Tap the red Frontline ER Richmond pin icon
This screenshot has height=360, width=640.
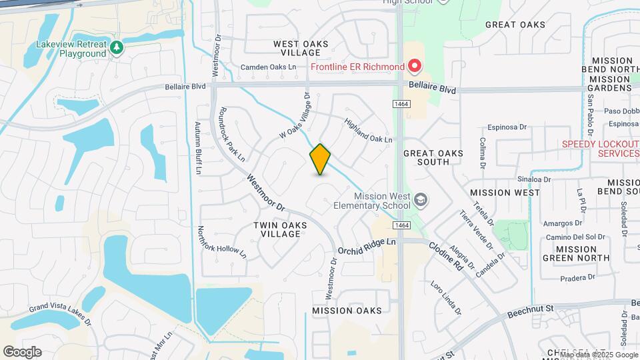(x=415, y=67)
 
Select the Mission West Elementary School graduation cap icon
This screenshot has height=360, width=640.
(x=421, y=199)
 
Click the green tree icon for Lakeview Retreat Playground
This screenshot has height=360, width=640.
(x=117, y=47)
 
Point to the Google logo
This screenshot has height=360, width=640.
(x=22, y=351)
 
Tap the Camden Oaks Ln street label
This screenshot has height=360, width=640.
(x=268, y=67)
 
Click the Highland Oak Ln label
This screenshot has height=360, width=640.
(x=368, y=130)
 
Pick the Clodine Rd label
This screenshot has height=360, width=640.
(x=445, y=256)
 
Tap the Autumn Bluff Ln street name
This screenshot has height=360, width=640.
(x=198, y=148)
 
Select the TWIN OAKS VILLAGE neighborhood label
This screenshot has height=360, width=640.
(x=281, y=229)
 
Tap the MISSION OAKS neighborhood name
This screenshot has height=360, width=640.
(x=347, y=311)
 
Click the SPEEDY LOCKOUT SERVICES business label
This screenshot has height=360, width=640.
(x=600, y=149)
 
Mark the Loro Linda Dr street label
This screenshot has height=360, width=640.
(x=445, y=298)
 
